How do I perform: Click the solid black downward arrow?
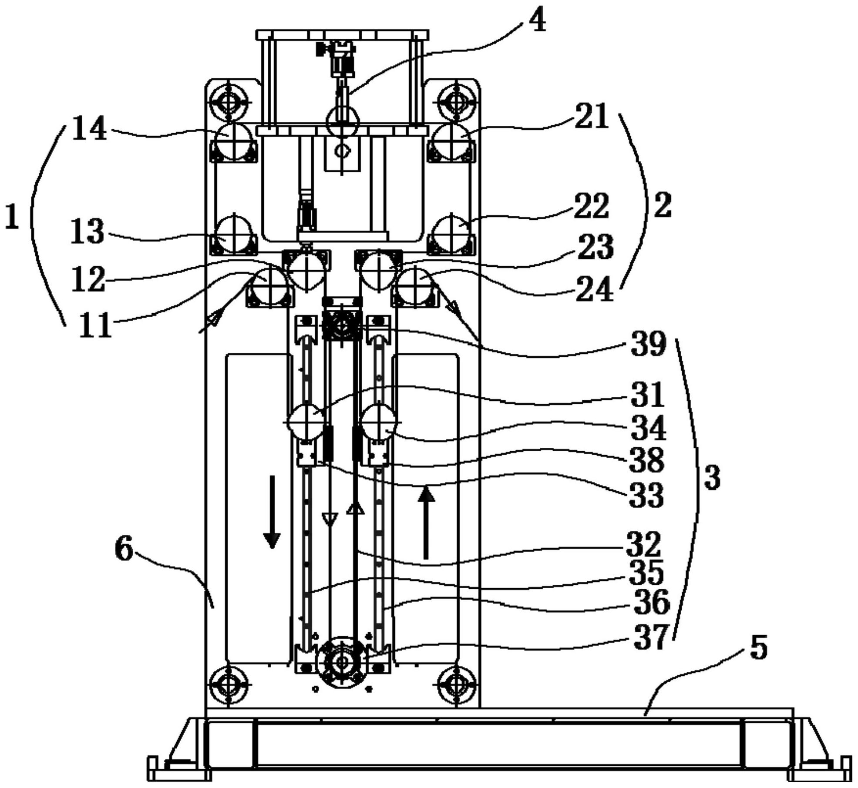click(x=272, y=512)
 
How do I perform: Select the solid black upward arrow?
click(x=426, y=522)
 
